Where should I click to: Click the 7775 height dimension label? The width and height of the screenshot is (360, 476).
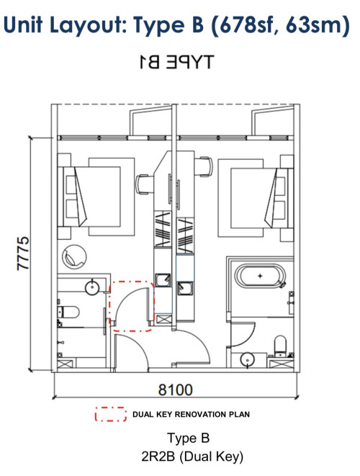tap(23, 253)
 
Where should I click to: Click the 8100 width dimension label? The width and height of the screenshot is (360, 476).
tap(176, 390)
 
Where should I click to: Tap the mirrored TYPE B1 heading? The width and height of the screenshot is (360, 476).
tap(176, 62)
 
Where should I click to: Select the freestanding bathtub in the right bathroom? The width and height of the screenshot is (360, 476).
tap(261, 276)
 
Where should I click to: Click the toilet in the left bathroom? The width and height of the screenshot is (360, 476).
tap(68, 312)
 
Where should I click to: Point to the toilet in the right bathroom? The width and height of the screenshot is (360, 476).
tap(280, 346)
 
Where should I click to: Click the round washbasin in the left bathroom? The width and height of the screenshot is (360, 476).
tap(92, 287)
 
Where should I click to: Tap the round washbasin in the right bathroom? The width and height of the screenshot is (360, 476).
tap(248, 360)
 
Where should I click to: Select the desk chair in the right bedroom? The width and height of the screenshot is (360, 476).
tap(204, 166)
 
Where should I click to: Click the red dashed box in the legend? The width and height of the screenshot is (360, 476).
tap(110, 414)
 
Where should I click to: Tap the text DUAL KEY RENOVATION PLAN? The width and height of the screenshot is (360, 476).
tap(191, 414)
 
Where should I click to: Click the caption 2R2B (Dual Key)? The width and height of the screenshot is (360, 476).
tap(192, 457)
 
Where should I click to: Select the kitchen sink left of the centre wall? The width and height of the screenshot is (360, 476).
tap(163, 279)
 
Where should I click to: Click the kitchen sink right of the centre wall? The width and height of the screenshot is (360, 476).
tap(184, 288)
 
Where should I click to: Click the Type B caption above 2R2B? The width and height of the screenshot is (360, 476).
tap(188, 438)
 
